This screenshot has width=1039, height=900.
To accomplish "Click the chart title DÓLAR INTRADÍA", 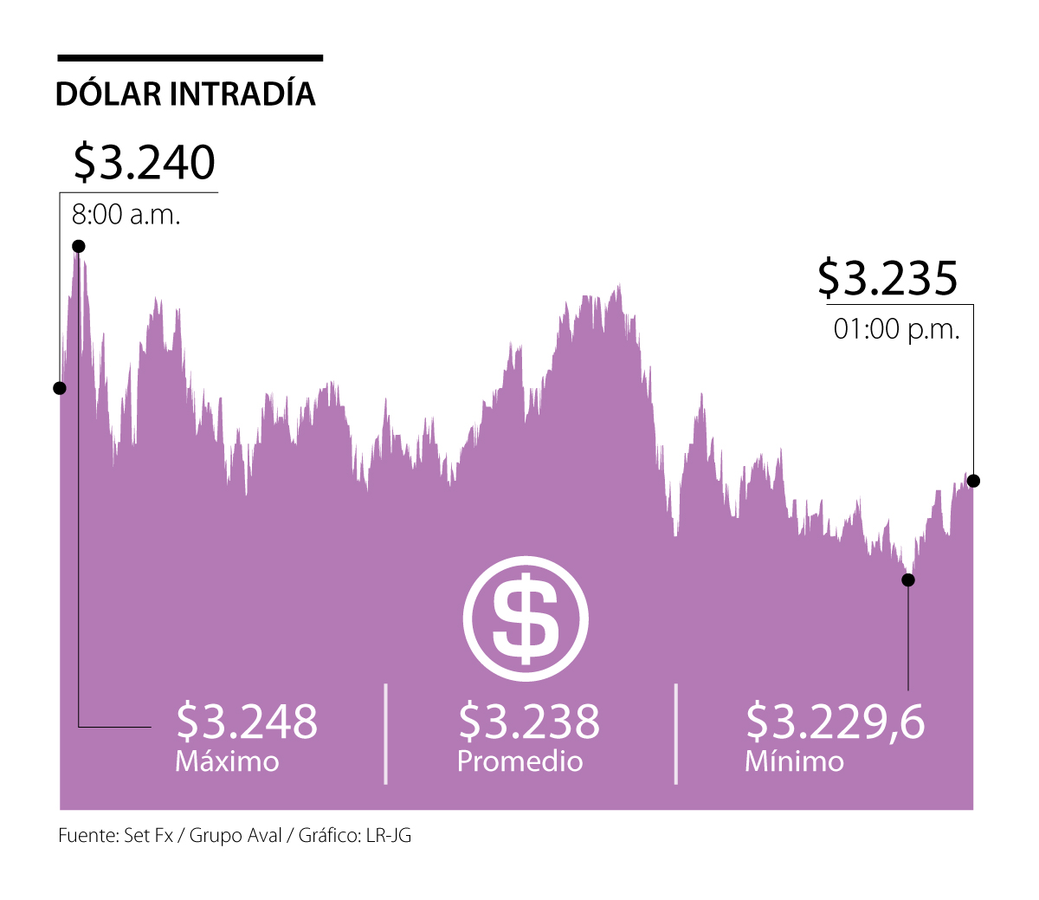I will pyautogui.click(x=185, y=94).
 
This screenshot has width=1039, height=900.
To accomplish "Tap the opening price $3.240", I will pyautogui.click(x=144, y=162).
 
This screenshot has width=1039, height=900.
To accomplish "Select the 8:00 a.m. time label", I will pyautogui.click(x=126, y=214).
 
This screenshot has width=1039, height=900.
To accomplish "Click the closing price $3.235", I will pyautogui.click(x=887, y=278).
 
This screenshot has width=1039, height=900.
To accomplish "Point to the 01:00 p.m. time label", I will pyautogui.click(x=897, y=329).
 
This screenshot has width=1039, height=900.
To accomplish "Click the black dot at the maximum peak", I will pyautogui.click(x=79, y=246).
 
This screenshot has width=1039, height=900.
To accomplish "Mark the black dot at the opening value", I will pyautogui.click(x=60, y=388).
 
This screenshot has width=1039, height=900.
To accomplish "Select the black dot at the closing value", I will pyautogui.click(x=974, y=481).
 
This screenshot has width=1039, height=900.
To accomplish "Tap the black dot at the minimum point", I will pyautogui.click(x=908, y=579).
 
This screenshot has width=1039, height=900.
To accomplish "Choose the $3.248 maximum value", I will pyautogui.click(x=247, y=721).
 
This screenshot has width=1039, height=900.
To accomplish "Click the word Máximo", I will pyautogui.click(x=227, y=761).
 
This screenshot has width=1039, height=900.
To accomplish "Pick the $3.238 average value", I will pyautogui.click(x=529, y=721).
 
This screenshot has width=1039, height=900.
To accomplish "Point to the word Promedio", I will pyautogui.click(x=519, y=761).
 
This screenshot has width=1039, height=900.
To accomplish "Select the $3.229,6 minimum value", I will pyautogui.click(x=836, y=721).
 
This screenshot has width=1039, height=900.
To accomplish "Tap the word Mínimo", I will pyautogui.click(x=794, y=761).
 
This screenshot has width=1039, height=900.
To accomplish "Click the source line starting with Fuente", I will pyautogui.click(x=235, y=836).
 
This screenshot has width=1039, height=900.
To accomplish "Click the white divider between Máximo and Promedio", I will pyautogui.click(x=385, y=734).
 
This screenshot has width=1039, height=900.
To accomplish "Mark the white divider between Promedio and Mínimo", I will pyautogui.click(x=675, y=734).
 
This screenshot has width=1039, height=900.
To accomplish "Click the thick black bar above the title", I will pyautogui.click(x=190, y=58).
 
